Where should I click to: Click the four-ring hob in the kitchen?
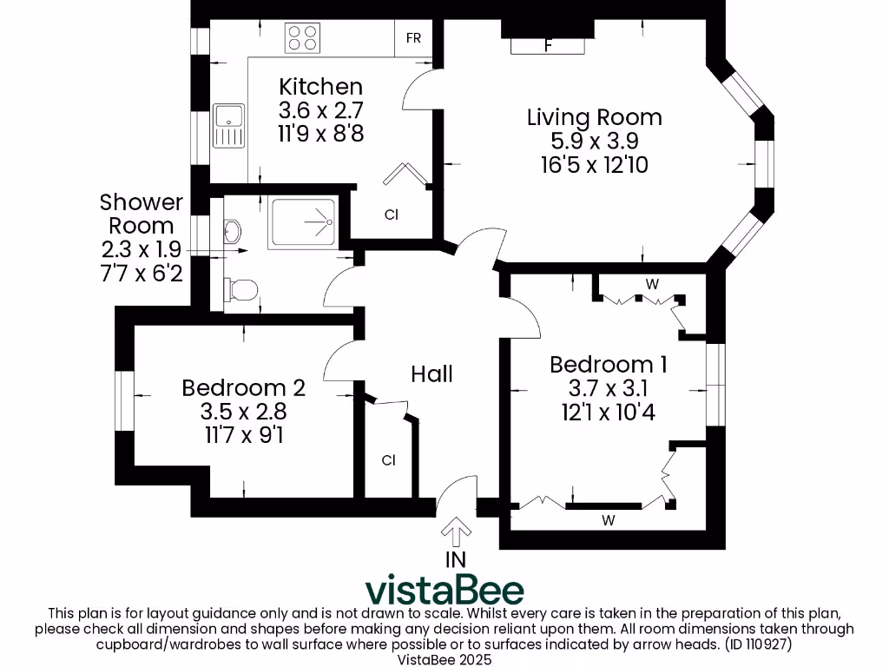(x=302, y=38)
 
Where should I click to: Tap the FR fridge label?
(x=413, y=38)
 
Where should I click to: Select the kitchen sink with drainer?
(x=228, y=125)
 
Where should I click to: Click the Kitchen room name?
(x=321, y=87)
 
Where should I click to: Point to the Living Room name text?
(x=594, y=117)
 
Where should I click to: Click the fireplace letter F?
(x=549, y=45)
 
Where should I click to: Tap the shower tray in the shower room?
(x=303, y=221)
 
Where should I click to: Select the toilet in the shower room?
(x=241, y=289)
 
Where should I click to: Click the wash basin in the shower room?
(x=233, y=231)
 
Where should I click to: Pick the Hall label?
(x=432, y=374)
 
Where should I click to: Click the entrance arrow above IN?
(x=456, y=532)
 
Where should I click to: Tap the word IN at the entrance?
(x=456, y=560)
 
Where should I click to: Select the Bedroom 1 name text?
(x=609, y=365)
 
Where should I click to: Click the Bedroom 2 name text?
(x=244, y=388)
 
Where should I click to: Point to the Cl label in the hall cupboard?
(x=388, y=460)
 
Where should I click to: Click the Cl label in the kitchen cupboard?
(x=392, y=215)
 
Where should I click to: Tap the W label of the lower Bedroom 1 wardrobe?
(x=609, y=520)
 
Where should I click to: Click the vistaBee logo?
(x=444, y=590)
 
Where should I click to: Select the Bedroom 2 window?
(x=124, y=401)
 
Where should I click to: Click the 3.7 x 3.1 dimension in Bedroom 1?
(x=609, y=388)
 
